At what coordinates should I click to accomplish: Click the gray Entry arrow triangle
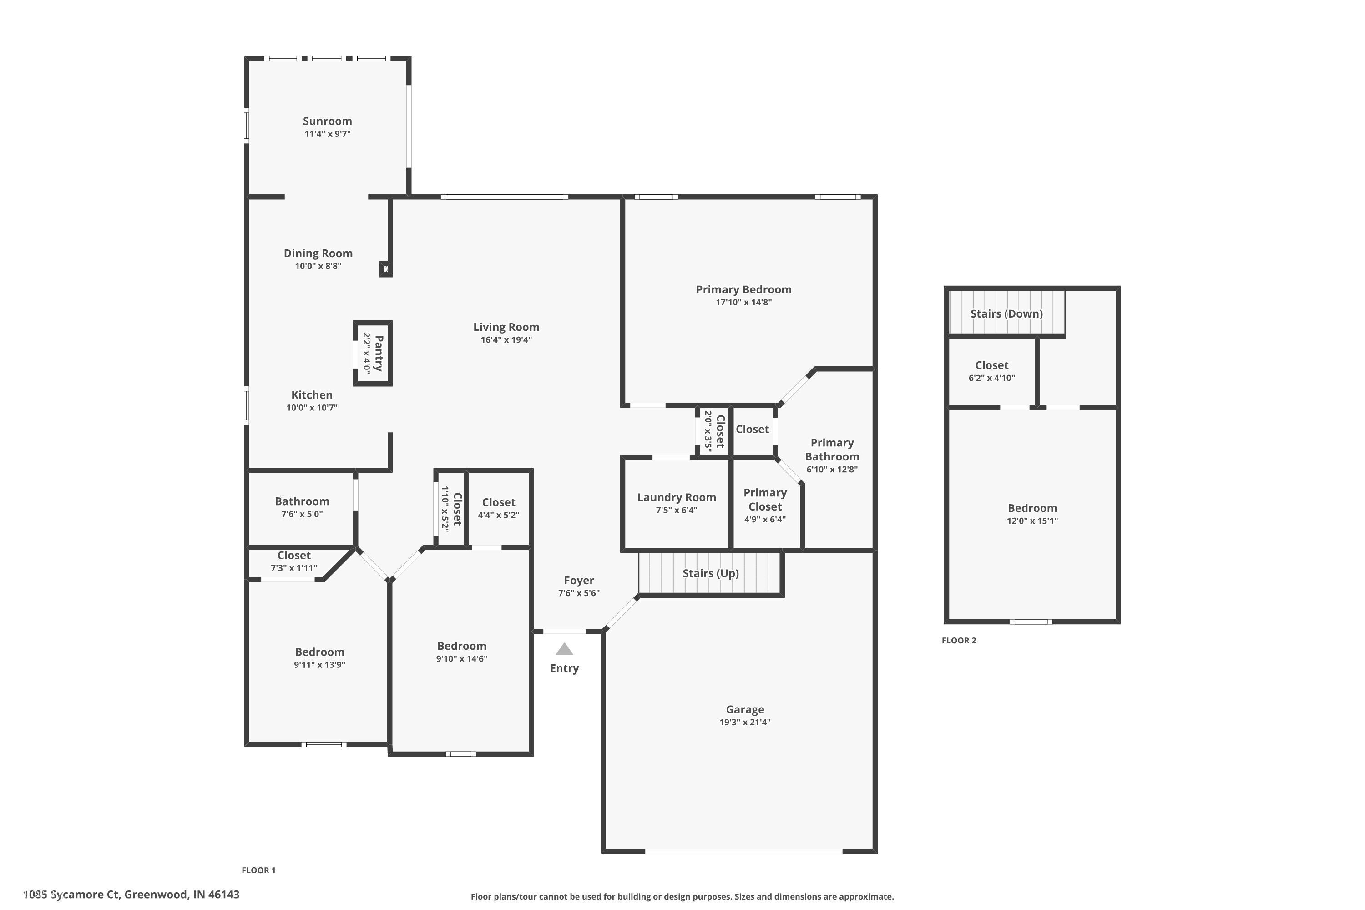click(564, 649)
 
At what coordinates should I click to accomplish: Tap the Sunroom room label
click(327, 121)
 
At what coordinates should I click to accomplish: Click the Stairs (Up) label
click(710, 573)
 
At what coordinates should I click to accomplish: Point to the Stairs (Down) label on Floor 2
click(1006, 313)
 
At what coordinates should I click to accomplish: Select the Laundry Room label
click(676, 497)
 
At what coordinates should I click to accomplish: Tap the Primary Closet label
click(765, 499)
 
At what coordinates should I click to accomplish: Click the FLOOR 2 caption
click(959, 640)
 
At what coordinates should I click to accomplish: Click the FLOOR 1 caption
click(258, 870)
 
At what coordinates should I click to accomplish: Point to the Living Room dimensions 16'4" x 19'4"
click(506, 339)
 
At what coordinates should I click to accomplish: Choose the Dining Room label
click(318, 253)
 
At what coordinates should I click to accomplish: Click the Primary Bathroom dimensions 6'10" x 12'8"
click(832, 469)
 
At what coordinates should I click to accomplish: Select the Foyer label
click(579, 581)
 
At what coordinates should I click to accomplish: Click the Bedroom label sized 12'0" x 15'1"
click(1032, 508)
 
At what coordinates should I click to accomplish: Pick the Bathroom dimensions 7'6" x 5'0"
click(302, 514)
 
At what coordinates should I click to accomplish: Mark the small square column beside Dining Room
click(385, 269)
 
